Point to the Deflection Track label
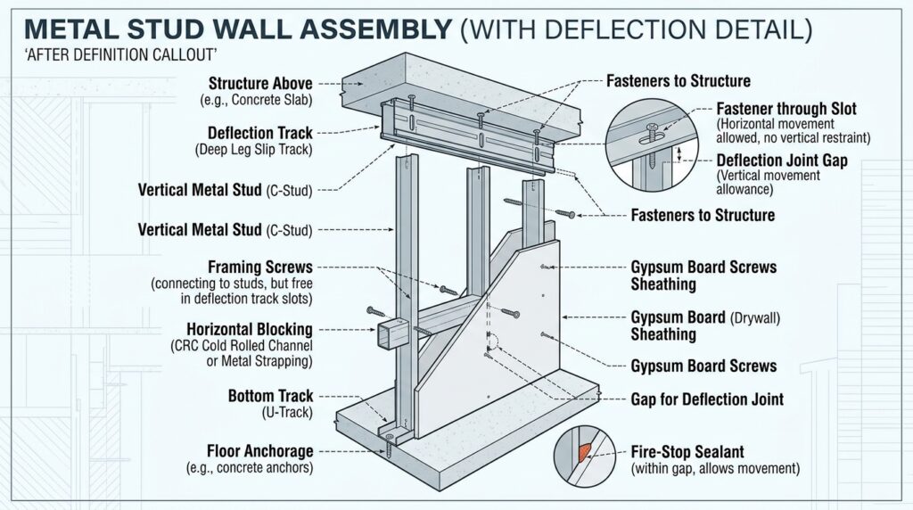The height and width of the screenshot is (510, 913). pos(260,133)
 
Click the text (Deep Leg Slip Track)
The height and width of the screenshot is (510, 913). pos(253,150)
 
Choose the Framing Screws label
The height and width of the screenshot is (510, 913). pos(259,267)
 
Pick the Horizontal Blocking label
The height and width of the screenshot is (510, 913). pos(250,328)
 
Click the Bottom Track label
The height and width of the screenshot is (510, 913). pos(270,395)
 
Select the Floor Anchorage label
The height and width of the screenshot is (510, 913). pos(259,450)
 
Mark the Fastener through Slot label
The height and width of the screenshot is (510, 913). pos(787,109)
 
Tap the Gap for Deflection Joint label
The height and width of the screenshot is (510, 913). pos(707,399)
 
